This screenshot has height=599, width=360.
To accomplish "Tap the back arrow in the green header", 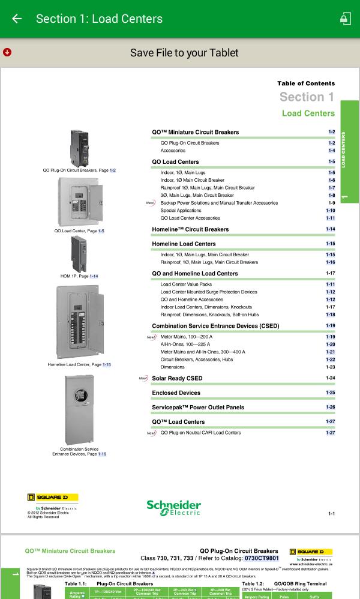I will [17, 19].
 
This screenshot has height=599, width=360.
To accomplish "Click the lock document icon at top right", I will [345, 19].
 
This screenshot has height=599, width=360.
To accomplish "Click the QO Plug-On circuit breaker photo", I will [79, 148].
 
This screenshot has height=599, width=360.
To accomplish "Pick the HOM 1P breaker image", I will [79, 253].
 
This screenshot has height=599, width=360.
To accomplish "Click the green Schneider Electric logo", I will [173, 510].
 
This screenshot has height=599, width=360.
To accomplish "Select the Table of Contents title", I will [306, 83].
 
